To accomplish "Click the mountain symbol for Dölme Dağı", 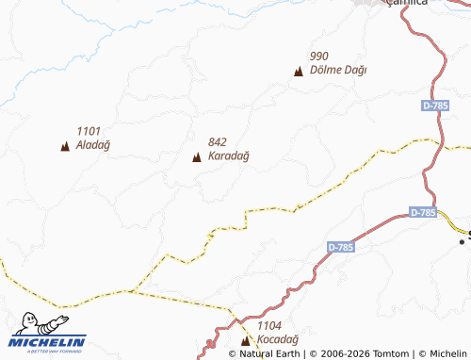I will (x=299, y=71).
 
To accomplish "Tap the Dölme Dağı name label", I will (x=337, y=71).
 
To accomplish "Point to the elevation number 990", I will (x=318, y=57).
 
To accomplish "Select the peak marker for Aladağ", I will (x=65, y=146).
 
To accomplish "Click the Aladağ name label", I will (x=93, y=145).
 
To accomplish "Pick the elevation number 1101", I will (x=89, y=131).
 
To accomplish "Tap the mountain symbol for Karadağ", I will (x=197, y=156).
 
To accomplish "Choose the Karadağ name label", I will (x=228, y=156).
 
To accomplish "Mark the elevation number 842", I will (x=219, y=142).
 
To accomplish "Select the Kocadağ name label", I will (x=278, y=339).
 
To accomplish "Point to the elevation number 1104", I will (x=269, y=325).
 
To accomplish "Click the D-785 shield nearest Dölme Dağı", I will (x=435, y=106).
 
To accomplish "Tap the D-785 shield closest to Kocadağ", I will (x=341, y=247).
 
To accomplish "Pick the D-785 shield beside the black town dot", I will (x=424, y=213).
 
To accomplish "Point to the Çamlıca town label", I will (x=407, y=3).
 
